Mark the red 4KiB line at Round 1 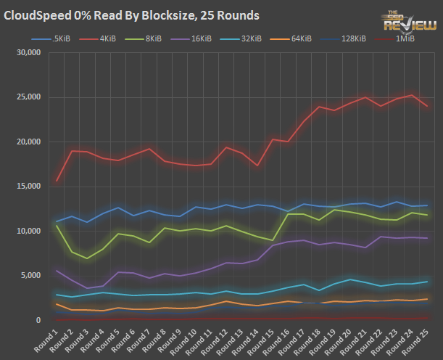tap(57, 181)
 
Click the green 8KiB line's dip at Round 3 tap(88, 258)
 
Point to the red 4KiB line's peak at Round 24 tap(412, 95)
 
